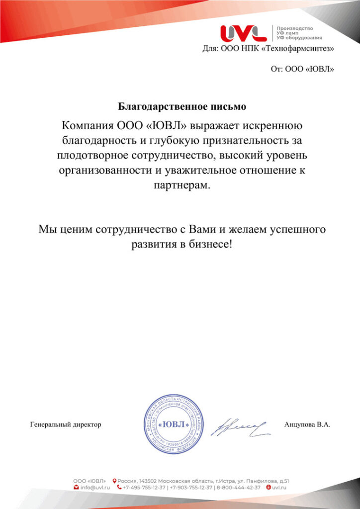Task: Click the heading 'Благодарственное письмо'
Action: [x=182, y=106]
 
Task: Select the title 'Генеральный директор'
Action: [x=66, y=424]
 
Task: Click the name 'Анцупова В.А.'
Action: [x=307, y=424]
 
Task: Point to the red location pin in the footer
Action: [x=114, y=481]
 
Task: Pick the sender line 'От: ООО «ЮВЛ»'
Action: [x=302, y=69]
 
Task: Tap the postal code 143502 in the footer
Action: [x=150, y=481]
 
